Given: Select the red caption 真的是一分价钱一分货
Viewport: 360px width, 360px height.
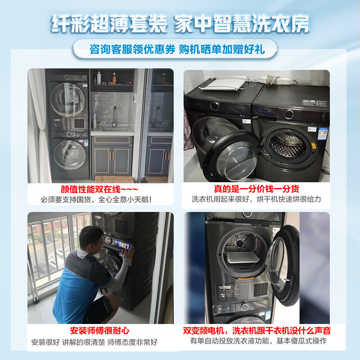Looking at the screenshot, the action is click(256, 189).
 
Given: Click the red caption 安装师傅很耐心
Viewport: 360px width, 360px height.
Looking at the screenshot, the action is click(99, 331).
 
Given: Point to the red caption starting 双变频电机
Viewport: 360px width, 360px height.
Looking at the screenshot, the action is click(257, 331).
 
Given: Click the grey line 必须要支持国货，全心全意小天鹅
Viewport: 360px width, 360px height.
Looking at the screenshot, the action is click(96, 199).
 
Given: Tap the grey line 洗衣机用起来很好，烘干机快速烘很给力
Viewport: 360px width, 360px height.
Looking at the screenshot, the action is click(256, 199).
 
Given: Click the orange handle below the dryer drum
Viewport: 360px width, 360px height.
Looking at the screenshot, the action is click(245, 279).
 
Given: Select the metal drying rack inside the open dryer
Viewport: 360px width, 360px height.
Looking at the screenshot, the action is click(243, 257).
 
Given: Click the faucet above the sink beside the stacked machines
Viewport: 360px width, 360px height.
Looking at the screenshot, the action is click(114, 116).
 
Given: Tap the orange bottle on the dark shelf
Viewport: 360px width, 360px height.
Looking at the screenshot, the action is click(114, 78).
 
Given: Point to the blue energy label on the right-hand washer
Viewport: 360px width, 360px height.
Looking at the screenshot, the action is click(323, 134).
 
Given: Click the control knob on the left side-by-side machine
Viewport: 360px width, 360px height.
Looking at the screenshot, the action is click(215, 106).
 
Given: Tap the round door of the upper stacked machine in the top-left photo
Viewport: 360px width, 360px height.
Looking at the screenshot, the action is click(68, 100).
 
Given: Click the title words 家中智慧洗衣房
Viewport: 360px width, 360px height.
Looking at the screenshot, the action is click(242, 24).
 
